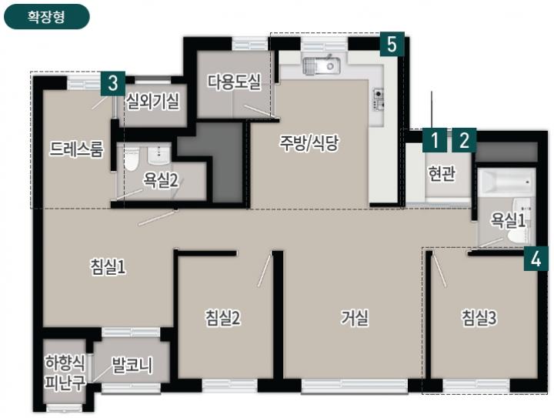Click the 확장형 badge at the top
tap(47, 17)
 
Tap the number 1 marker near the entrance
tap(435, 140)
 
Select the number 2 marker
tap(464, 140)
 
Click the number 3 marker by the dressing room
tap(112, 83)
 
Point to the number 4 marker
tap(536, 259)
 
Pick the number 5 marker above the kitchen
tap(392, 44)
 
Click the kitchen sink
tap(322, 65)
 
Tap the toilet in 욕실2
tap(132, 159)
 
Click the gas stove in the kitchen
tap(379, 99)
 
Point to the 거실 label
tap(355, 318)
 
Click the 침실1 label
tap(108, 267)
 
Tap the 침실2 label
tap(222, 318)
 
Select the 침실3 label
tap(479, 318)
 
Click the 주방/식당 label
tap(309, 143)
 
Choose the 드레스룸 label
tap(76, 149)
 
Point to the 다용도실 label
tap(234, 82)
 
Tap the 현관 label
tap(442, 173)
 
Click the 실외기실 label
tap(152, 102)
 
